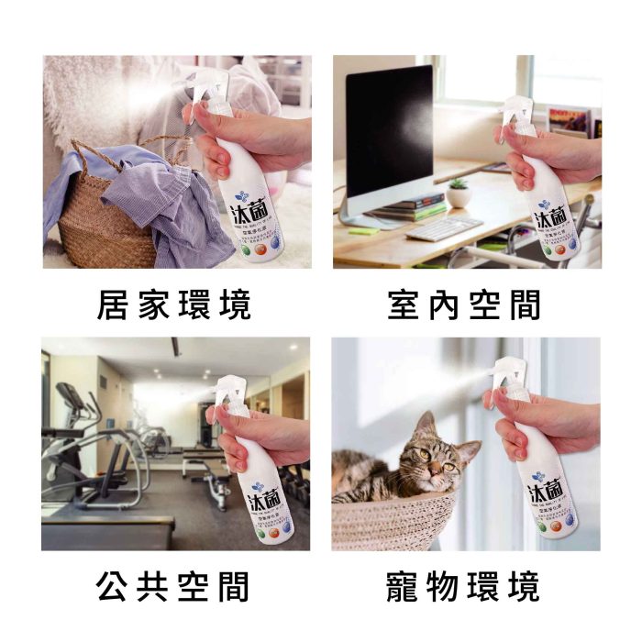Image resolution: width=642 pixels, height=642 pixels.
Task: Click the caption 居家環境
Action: point(173,306)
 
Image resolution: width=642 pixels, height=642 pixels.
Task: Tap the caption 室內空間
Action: point(464,306)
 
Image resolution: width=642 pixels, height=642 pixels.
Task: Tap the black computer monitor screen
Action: point(390,128)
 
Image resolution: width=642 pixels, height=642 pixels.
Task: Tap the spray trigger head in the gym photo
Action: point(229,390)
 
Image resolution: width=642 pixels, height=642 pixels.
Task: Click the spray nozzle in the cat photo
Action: point(503,371)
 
